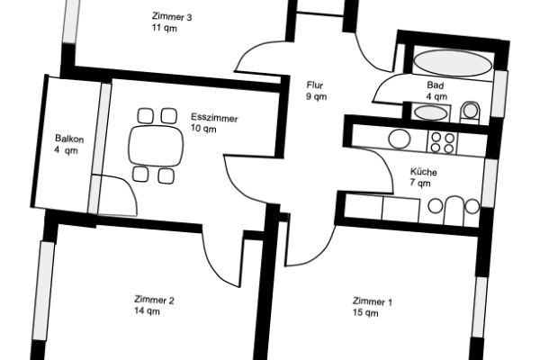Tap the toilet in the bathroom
coord(469,112)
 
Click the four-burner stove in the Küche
coord(442,140)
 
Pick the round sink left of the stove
coord(399,139)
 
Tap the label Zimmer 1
coord(372,302)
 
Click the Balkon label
coord(68,139)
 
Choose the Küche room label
coord(423,171)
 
